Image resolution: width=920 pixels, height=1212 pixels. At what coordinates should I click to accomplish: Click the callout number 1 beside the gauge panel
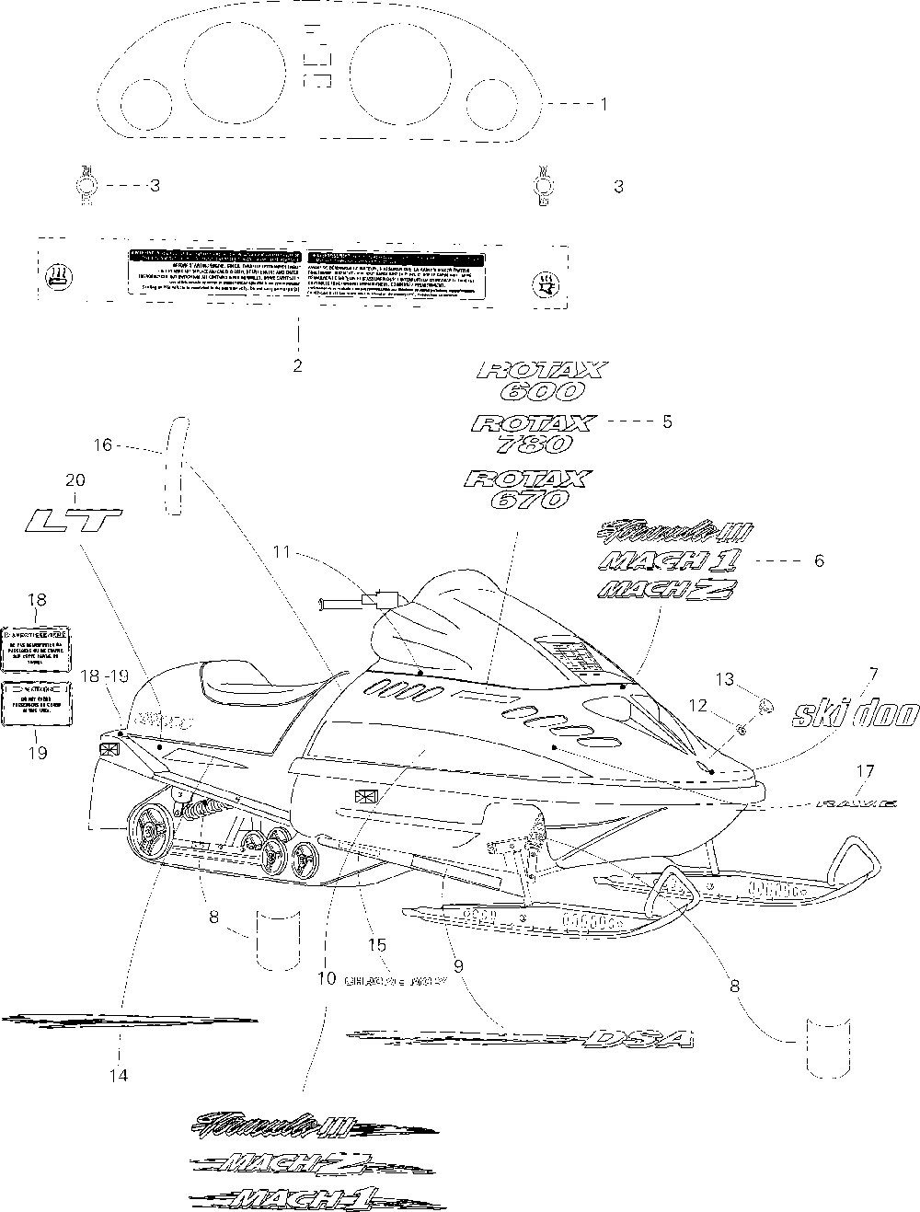[x=604, y=105]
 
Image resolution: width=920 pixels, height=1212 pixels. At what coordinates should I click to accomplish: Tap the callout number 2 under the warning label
[x=297, y=365]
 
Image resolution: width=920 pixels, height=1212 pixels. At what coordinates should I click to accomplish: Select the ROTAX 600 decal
[x=543, y=380]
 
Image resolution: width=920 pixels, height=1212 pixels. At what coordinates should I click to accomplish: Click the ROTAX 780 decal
[x=534, y=433]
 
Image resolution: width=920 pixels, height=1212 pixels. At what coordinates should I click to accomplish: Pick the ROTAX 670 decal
[x=528, y=489]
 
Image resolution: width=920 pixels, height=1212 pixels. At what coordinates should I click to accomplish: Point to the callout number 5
[x=667, y=421]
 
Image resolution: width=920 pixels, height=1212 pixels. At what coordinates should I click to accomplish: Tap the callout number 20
[x=75, y=479]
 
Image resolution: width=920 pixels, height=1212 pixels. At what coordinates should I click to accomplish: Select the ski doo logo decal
[x=856, y=713]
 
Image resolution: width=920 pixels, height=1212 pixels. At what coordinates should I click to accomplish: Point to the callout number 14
[x=120, y=1074]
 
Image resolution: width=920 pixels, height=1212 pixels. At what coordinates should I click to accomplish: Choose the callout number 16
[x=103, y=444]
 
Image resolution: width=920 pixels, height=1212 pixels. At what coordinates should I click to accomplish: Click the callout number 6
[x=818, y=560]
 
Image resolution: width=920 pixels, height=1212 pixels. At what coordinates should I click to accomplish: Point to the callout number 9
[x=457, y=966]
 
